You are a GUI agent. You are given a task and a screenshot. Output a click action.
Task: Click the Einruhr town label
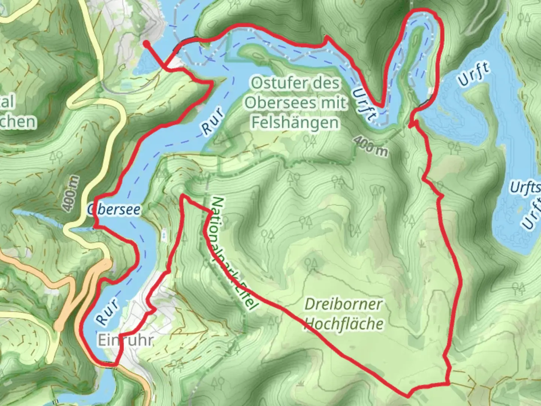(125, 340)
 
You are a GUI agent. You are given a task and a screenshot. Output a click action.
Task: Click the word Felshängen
(295, 123)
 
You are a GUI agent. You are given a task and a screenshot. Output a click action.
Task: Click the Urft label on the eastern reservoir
(474, 74)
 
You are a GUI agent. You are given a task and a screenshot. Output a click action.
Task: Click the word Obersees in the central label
(295, 103)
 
